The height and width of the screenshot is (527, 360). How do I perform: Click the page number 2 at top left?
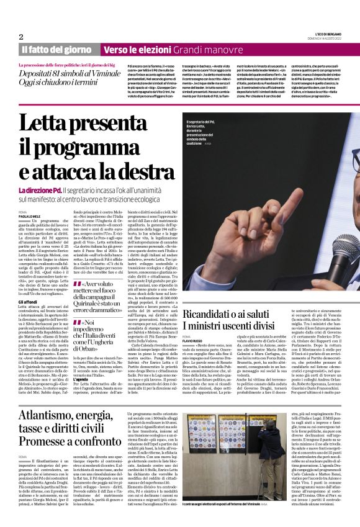(21, 37)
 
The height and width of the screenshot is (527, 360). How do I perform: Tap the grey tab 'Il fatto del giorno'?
(55, 49)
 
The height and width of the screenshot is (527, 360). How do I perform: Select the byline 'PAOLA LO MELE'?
(32, 217)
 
